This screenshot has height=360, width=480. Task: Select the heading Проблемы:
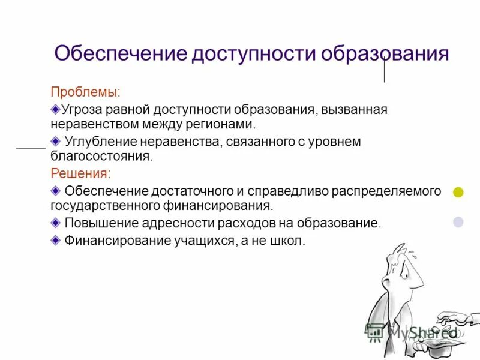85,92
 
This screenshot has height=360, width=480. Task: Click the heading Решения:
80,173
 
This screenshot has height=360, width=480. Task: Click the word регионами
223,125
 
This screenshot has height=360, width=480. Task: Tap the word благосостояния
101,157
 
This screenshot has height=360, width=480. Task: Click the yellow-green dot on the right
458,193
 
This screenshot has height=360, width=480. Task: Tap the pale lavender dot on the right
458,222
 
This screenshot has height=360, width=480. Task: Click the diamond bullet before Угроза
56,109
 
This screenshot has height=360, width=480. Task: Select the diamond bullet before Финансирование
56,240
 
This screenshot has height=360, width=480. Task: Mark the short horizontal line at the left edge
31,147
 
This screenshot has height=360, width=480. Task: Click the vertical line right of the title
384,70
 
